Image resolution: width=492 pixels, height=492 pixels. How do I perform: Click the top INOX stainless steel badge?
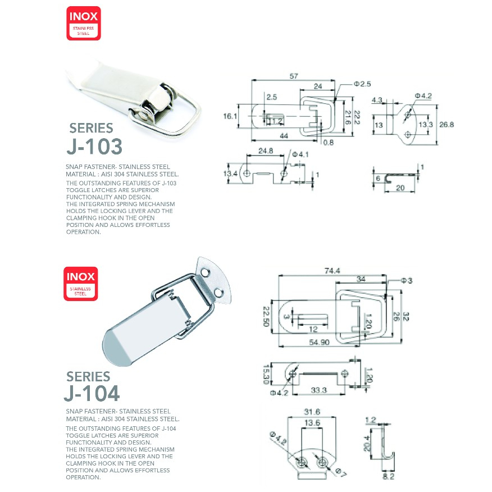[x=84, y=23]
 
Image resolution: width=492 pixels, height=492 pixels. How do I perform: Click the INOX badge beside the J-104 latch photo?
[x=81, y=284]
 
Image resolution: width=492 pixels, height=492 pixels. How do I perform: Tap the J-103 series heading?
[x=94, y=138]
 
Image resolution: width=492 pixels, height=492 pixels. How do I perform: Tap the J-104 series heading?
[x=92, y=386]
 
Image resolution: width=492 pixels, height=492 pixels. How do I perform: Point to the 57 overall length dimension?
[x=294, y=76]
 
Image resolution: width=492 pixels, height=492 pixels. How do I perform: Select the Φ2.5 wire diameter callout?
[x=362, y=84]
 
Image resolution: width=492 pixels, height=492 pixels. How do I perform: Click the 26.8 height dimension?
[x=447, y=125]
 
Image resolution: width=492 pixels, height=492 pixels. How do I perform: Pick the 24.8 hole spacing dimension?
[x=266, y=151]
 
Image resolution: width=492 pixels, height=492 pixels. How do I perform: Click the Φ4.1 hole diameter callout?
[x=300, y=154]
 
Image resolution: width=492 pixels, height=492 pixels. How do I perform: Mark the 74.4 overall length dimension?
[x=332, y=271]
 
